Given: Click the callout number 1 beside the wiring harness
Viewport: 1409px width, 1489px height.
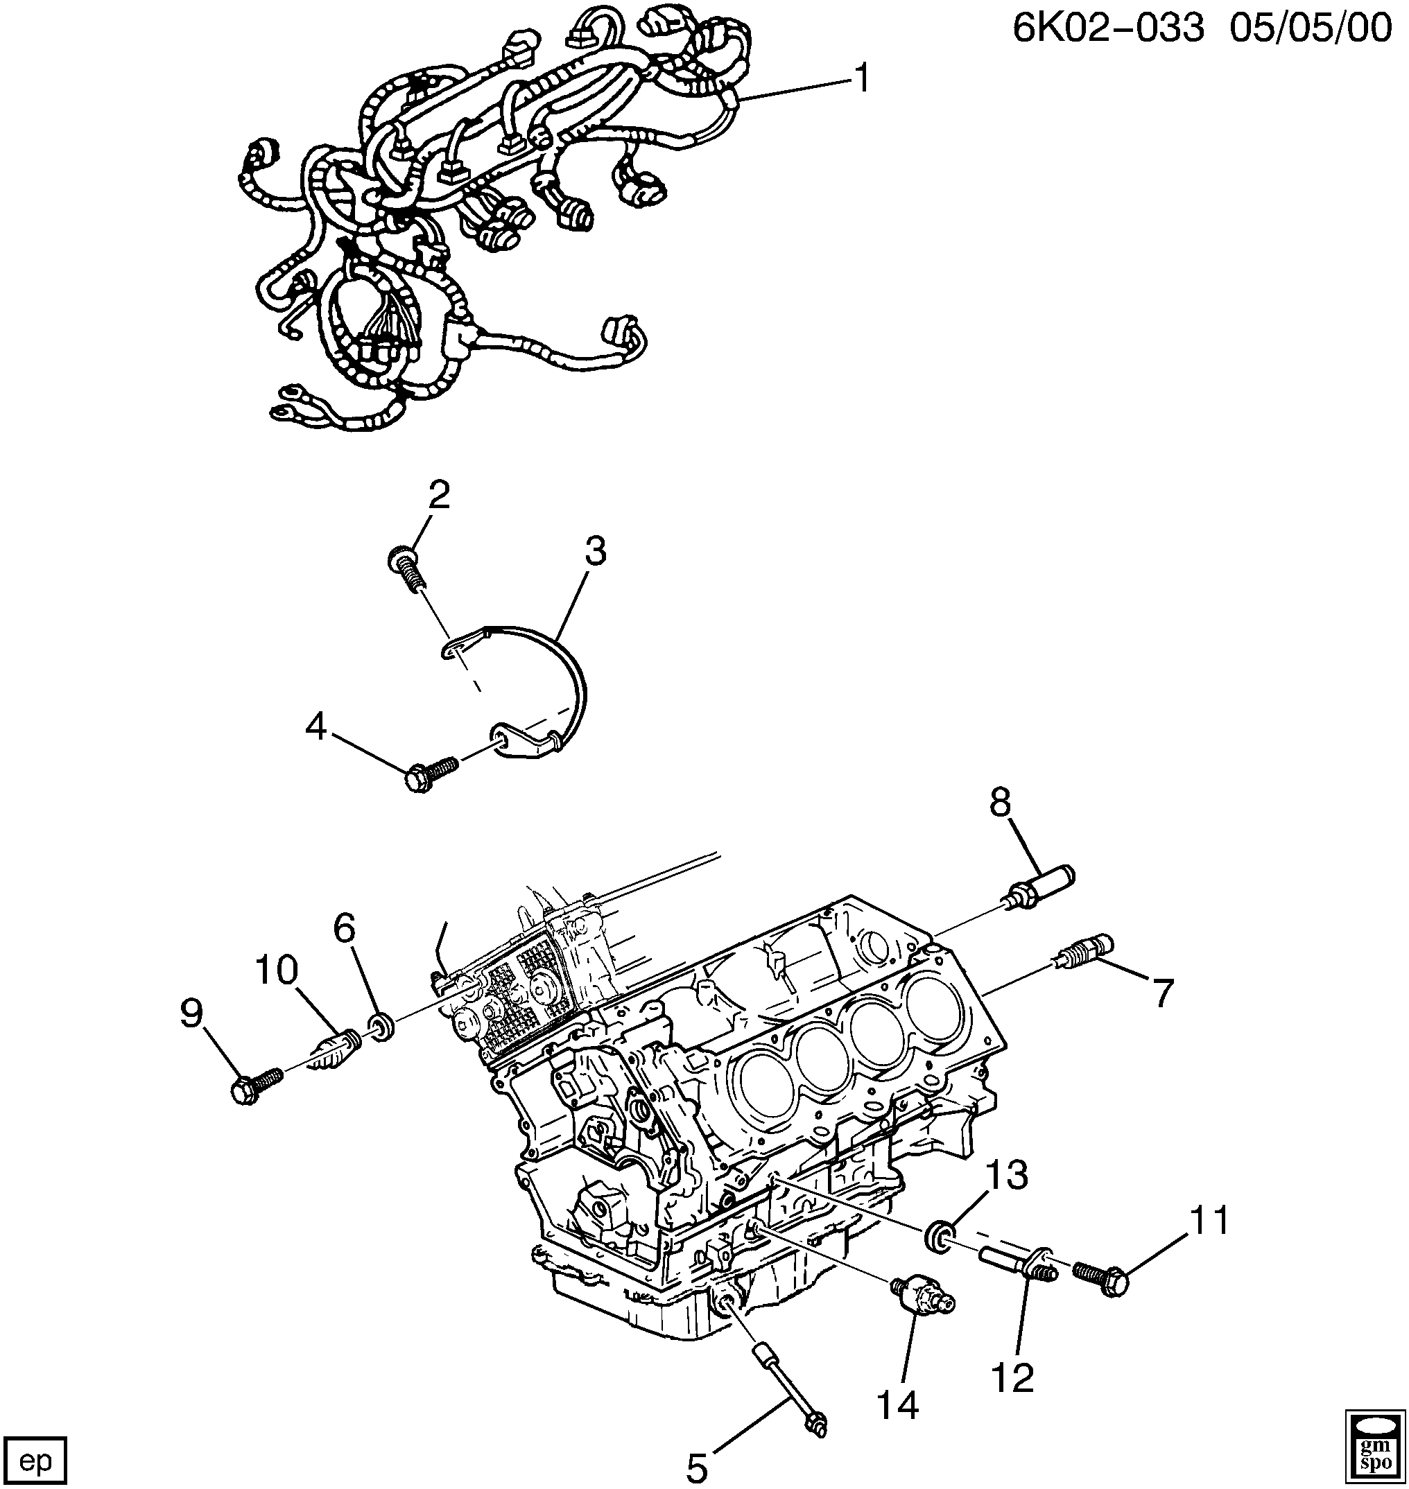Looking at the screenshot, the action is [x=861, y=79].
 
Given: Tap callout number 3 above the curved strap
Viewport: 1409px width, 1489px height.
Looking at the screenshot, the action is [x=596, y=552].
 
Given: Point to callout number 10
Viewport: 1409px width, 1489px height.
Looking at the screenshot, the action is [x=277, y=970].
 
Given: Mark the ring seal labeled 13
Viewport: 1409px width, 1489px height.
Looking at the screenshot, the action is [x=942, y=1235].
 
